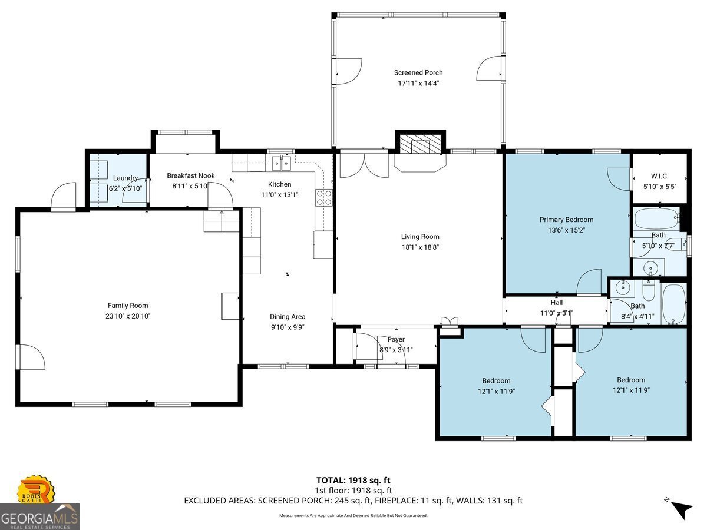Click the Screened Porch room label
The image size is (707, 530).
pyautogui.click(x=418, y=73)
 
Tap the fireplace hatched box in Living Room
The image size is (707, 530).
pyautogui.click(x=419, y=144)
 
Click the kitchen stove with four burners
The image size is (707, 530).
pyautogui.click(x=323, y=197)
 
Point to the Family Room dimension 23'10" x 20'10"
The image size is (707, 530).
pyautogui.click(x=128, y=316)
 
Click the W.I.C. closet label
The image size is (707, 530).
pyautogui.click(x=659, y=175)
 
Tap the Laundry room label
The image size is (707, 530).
pyautogui.click(x=125, y=178)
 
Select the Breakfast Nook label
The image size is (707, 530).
pyautogui.click(x=190, y=175)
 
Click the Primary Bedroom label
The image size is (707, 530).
pyautogui.click(x=566, y=220)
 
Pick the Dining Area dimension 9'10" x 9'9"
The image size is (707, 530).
pyautogui.click(x=288, y=327)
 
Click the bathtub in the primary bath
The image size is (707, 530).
pyautogui.click(x=656, y=220)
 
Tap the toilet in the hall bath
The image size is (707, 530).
pyautogui.click(x=647, y=292)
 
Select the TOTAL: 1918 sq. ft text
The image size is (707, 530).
pyautogui.click(x=353, y=479)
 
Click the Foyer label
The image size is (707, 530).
pyautogui.click(x=396, y=339)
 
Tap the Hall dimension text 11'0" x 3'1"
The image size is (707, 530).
pyautogui.click(x=556, y=313)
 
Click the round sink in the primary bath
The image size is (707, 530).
pyautogui.click(x=651, y=268)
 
